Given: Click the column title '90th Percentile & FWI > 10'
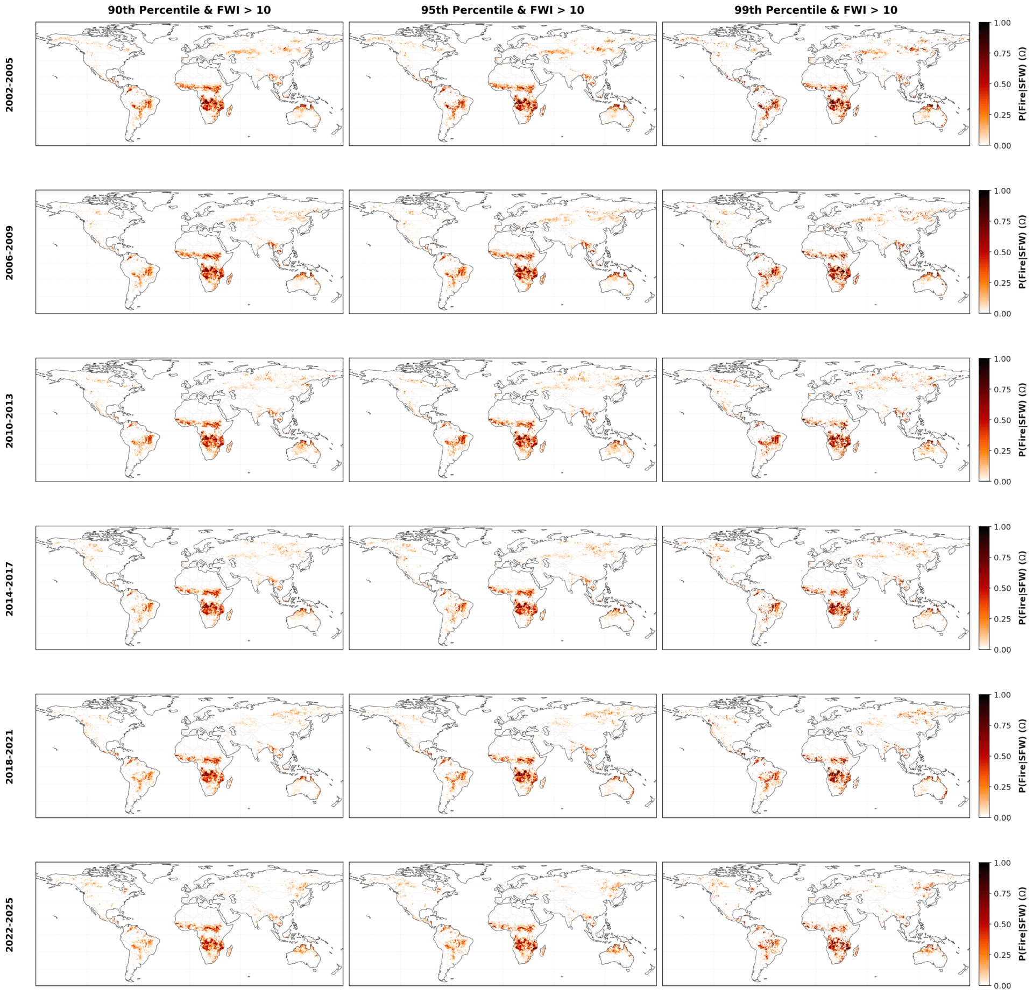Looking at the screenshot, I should pyautogui.click(x=189, y=10).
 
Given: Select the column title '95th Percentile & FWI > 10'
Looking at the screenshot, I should pyautogui.click(x=502, y=10).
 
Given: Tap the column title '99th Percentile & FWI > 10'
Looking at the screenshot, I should pyautogui.click(x=816, y=10).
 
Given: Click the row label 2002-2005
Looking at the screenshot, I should pyautogui.click(x=10, y=84).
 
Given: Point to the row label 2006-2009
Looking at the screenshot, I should pyautogui.click(x=10, y=252).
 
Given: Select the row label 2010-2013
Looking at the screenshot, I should pyautogui.click(x=10, y=420).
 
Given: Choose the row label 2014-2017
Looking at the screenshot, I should pyautogui.click(x=10, y=588).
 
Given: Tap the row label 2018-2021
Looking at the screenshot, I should pyautogui.click(x=10, y=756).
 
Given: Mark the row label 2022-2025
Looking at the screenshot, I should pyautogui.click(x=10, y=924).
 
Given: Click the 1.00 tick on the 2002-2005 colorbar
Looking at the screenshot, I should pyautogui.click(x=1002, y=23).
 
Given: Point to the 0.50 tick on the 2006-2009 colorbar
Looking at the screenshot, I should pyautogui.click(x=1002, y=252).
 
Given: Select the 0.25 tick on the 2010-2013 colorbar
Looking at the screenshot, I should pyautogui.click(x=1002, y=451).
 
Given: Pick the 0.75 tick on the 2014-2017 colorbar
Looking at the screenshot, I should pyautogui.click(x=1002, y=558).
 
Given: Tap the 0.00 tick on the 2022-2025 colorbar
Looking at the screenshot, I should pyautogui.click(x=1002, y=985).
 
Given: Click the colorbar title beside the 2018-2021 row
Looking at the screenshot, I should pyautogui.click(x=1022, y=756).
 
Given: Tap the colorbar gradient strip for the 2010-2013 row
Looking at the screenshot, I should pyautogui.click(x=984, y=420).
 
